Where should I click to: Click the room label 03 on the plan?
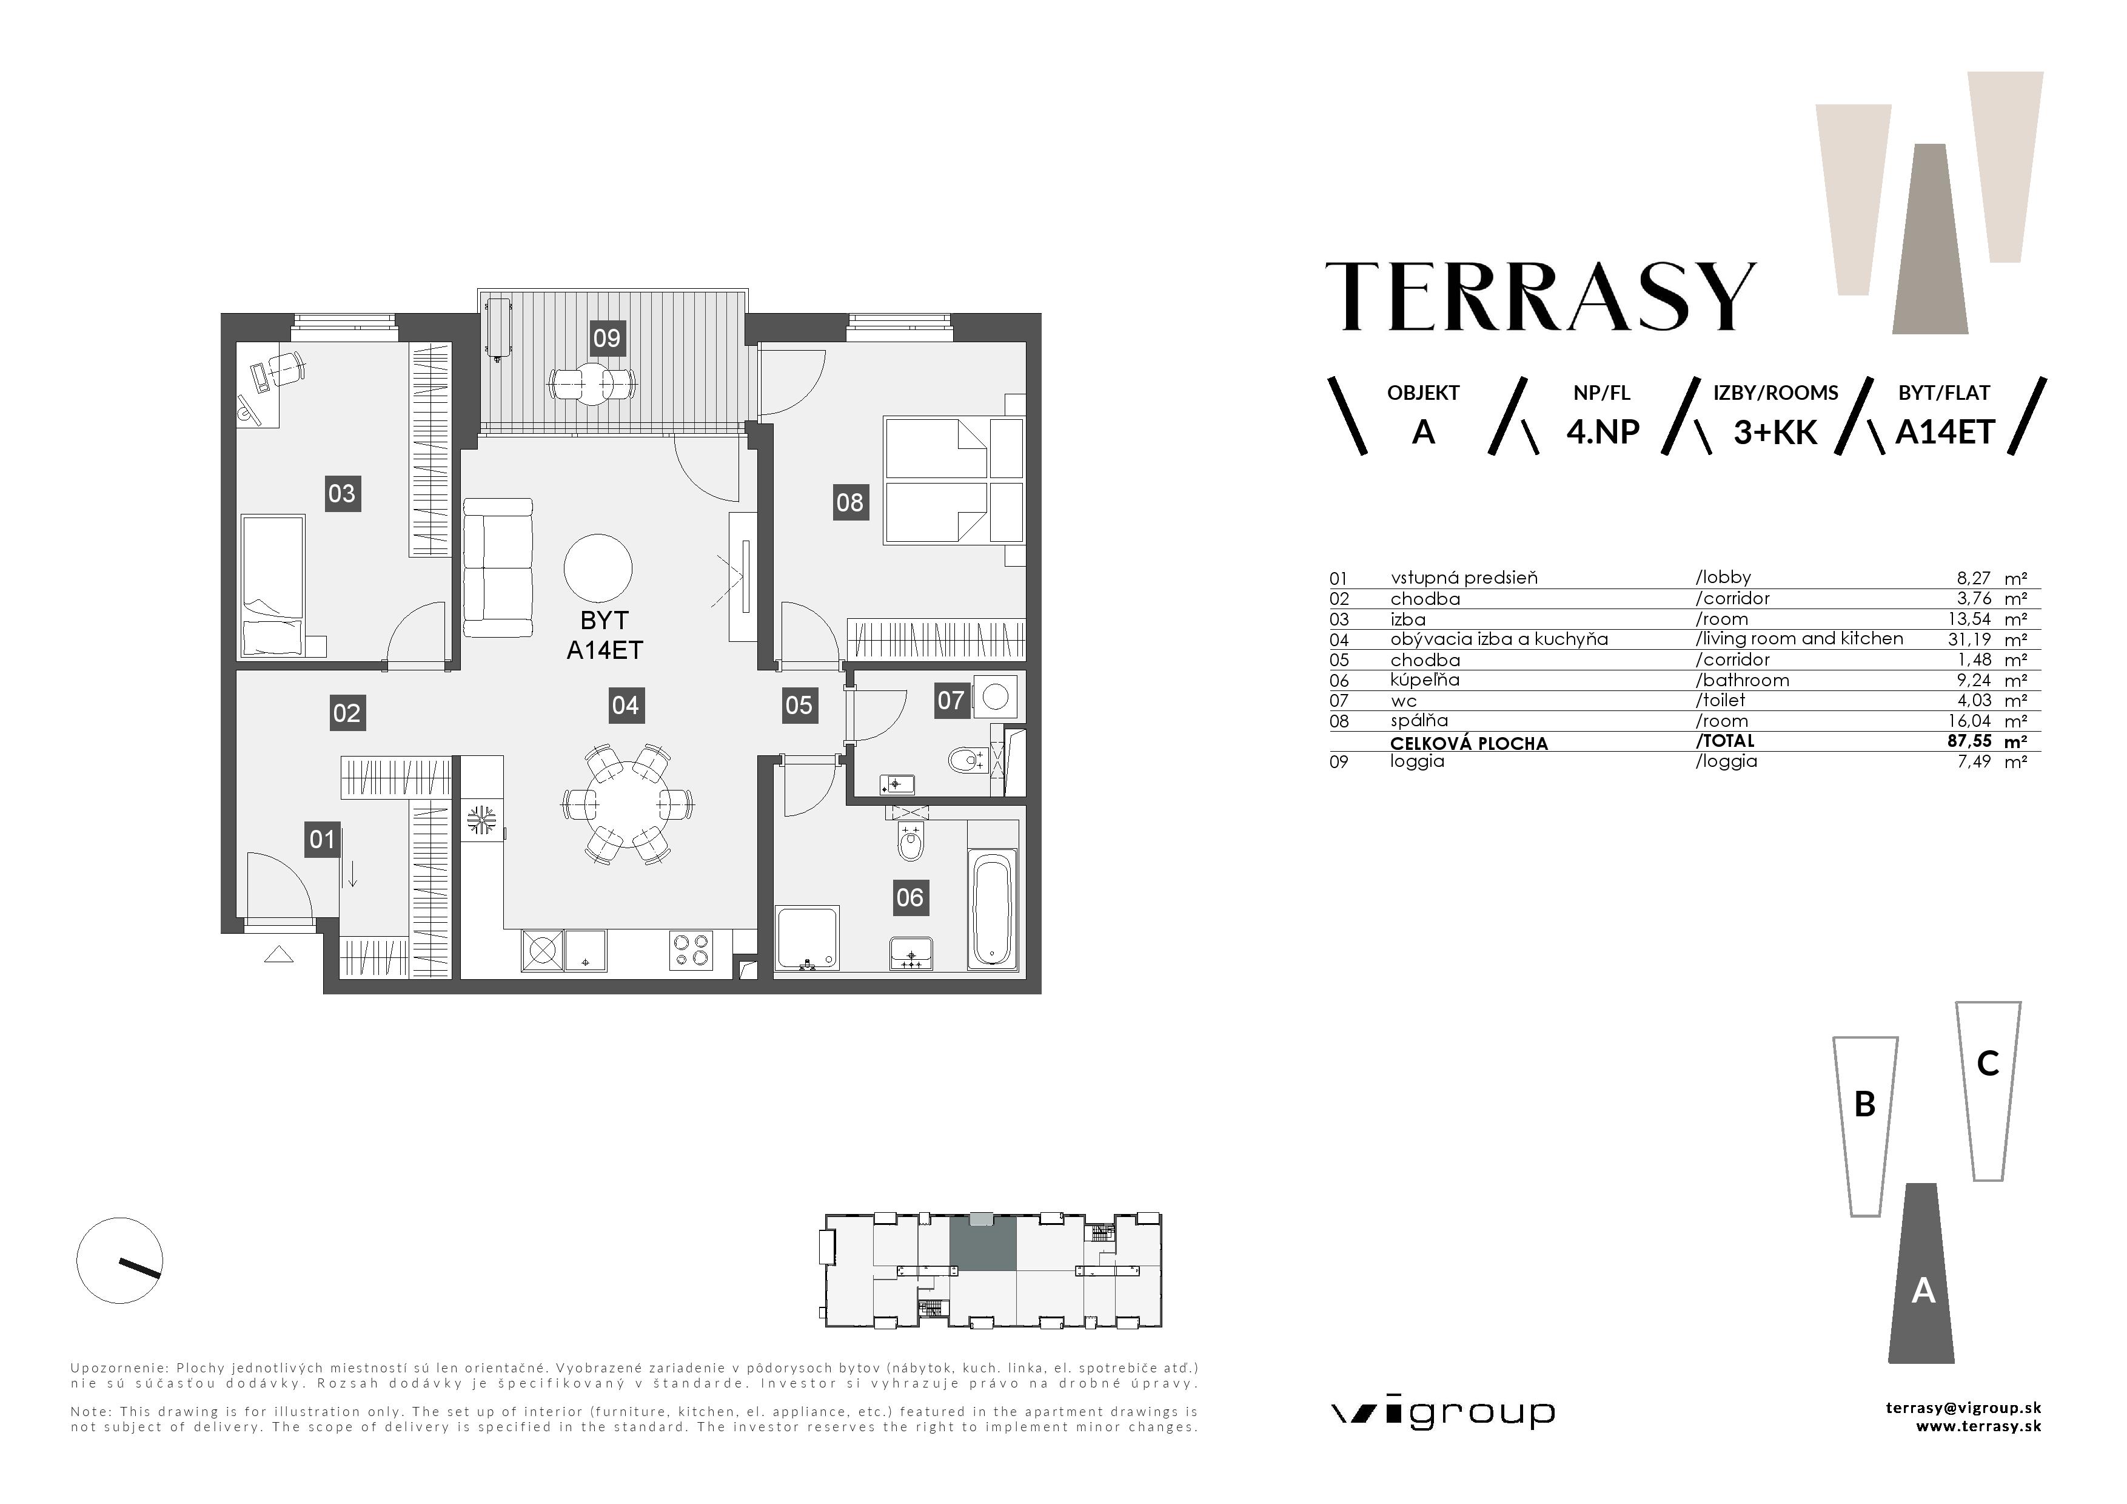pyautogui.click(x=342, y=493)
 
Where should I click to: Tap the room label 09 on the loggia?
pyautogui.click(x=607, y=339)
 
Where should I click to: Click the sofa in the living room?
pyautogui.click(x=497, y=567)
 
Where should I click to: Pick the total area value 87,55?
pyautogui.click(x=1969, y=741)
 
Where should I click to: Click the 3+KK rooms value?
pyautogui.click(x=1775, y=433)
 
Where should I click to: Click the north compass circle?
pyautogui.click(x=119, y=1260)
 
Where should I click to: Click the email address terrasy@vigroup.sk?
pyautogui.click(x=1963, y=1408)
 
